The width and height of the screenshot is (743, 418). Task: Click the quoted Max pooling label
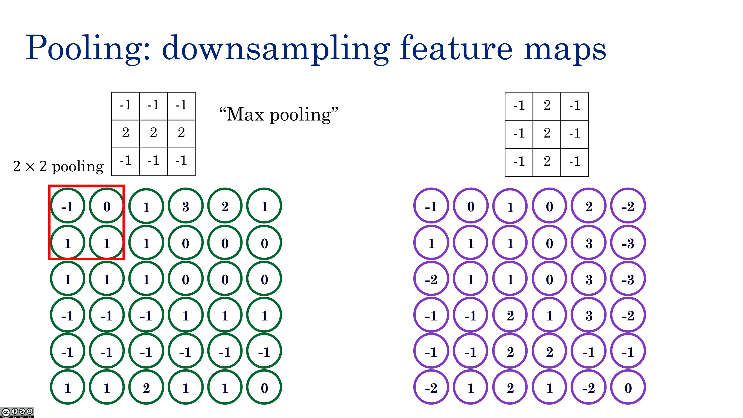(x=279, y=115)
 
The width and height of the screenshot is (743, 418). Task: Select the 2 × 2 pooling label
(x=58, y=166)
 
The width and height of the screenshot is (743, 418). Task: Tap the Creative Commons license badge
(x=17, y=412)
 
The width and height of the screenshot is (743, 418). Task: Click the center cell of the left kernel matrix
(x=154, y=134)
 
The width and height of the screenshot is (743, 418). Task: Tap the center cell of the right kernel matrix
(x=547, y=134)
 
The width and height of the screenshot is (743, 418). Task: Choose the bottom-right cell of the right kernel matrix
(x=575, y=162)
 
